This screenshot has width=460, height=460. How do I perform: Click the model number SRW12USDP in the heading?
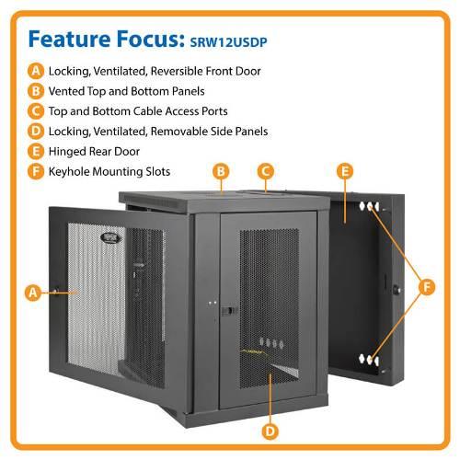228,42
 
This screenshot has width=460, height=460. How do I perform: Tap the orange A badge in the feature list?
36,71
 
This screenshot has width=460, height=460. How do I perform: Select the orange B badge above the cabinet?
221,171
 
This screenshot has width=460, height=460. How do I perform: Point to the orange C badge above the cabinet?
266,171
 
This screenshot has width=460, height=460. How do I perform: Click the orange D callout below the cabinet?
270,431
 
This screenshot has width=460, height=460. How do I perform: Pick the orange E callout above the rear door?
345,171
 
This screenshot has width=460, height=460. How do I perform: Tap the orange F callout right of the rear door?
427,287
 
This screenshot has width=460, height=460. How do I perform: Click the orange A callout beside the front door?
33,293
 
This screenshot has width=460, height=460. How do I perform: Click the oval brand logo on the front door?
110,238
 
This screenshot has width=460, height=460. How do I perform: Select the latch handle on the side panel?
229,311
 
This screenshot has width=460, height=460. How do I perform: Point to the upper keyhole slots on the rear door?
369,206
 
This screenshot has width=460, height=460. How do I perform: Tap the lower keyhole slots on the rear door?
369,360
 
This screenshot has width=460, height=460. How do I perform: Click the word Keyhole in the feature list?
69,172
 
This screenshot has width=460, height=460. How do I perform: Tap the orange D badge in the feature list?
36,132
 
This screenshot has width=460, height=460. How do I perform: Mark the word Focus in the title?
150,39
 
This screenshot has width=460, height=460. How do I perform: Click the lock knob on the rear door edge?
397,289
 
